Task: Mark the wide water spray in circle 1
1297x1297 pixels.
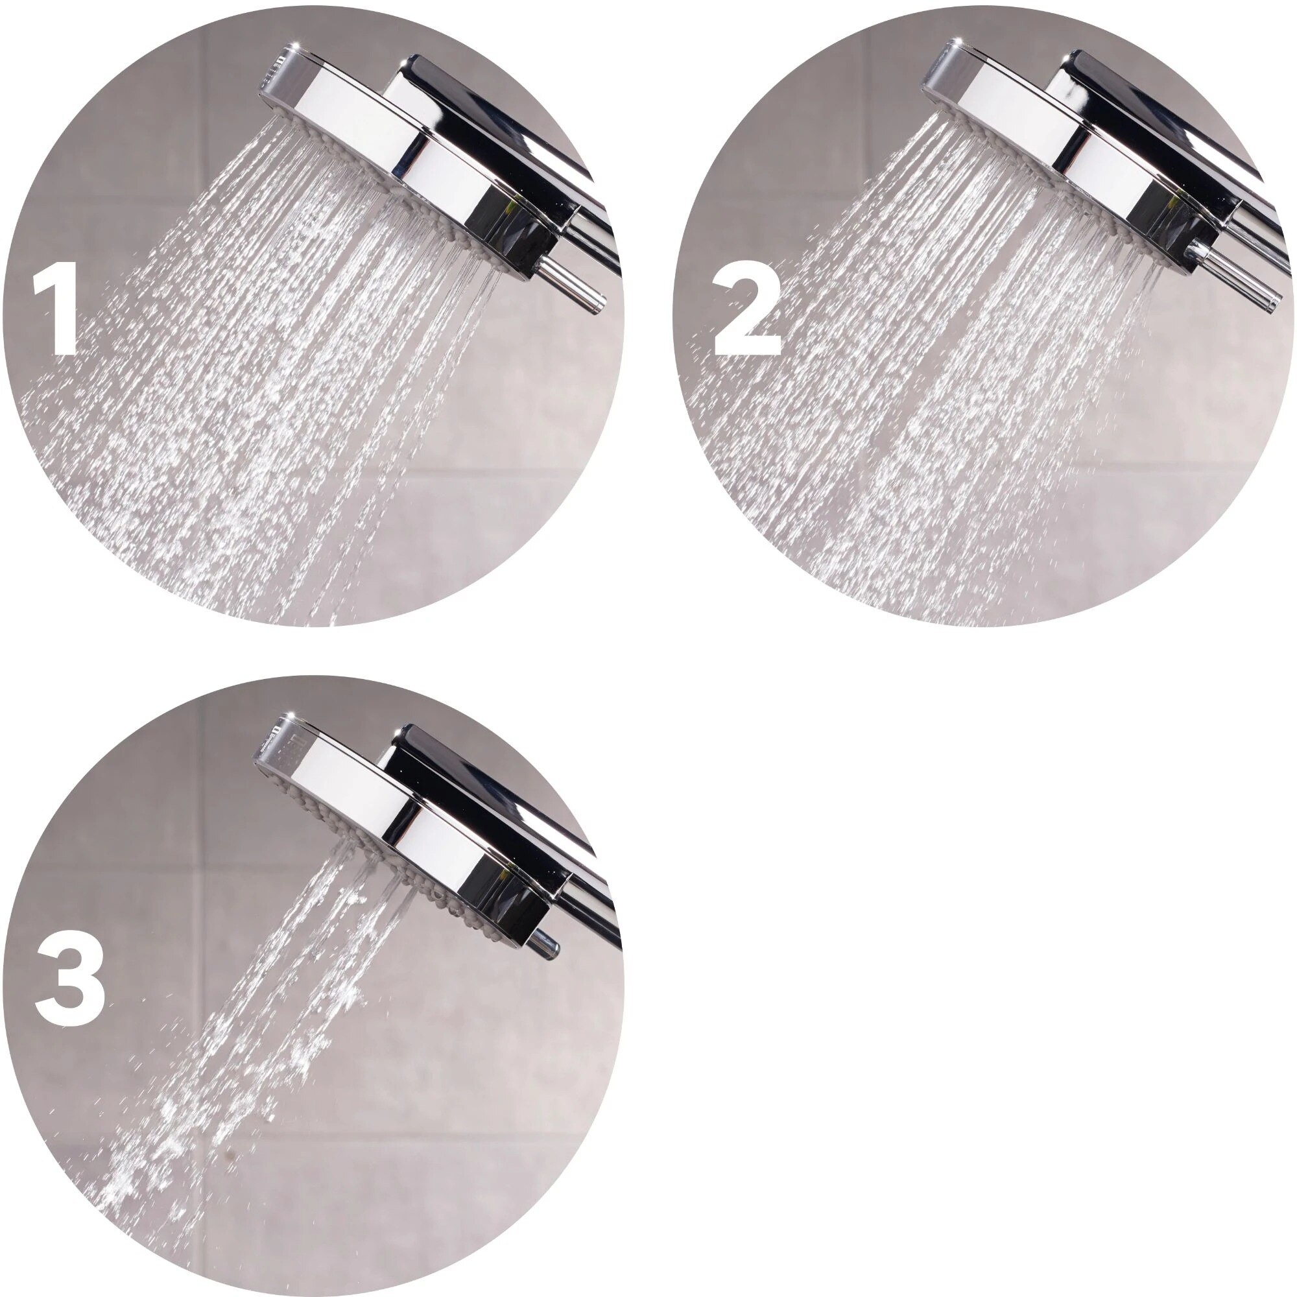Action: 268,376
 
